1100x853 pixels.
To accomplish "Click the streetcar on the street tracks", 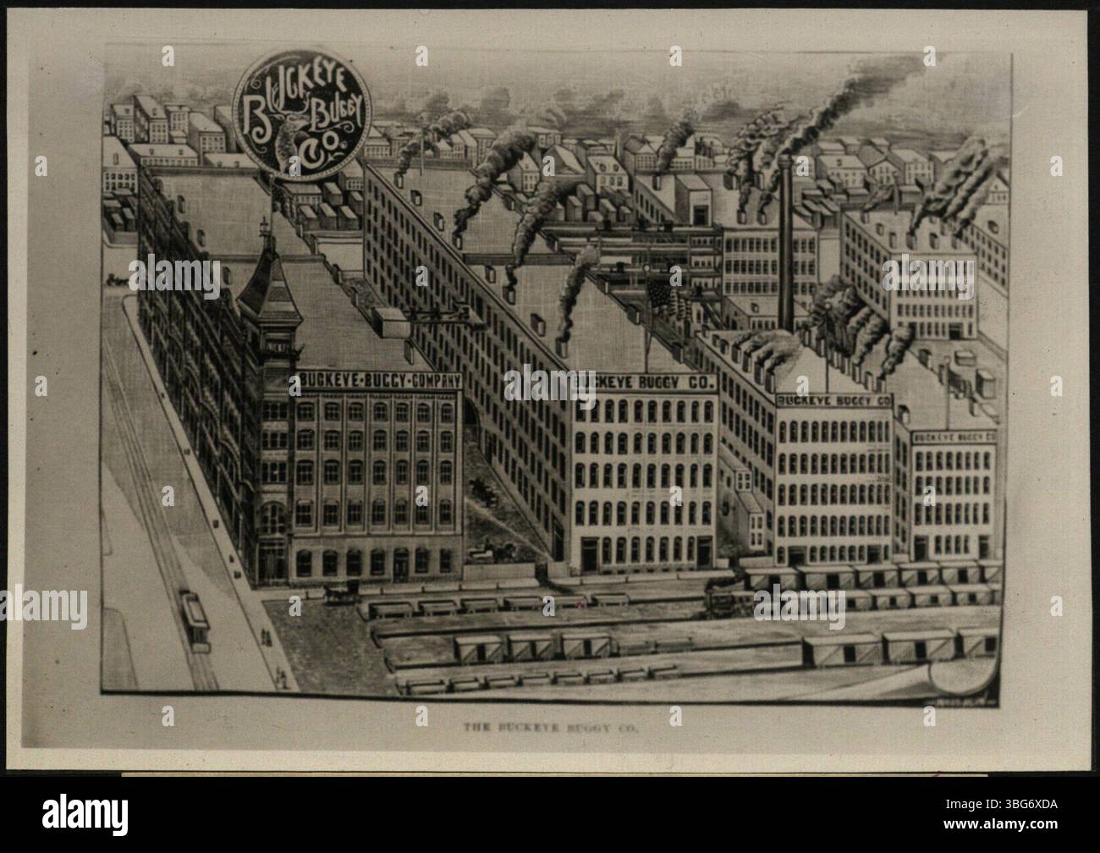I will [x=195, y=620].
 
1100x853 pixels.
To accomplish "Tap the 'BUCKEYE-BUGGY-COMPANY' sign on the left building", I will [x=379, y=380].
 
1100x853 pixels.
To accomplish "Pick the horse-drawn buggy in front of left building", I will [x=340, y=593].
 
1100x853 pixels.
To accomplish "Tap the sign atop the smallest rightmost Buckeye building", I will [x=954, y=436].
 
